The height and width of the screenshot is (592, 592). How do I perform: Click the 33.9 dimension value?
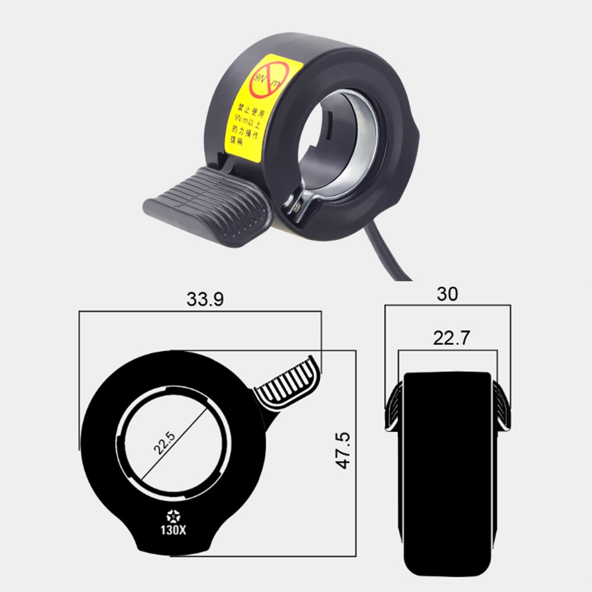(x=205, y=300)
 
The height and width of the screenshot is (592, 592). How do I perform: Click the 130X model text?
(x=175, y=530)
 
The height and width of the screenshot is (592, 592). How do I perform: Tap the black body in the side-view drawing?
(x=447, y=468)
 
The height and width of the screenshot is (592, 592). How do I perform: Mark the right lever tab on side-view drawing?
(x=501, y=408)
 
